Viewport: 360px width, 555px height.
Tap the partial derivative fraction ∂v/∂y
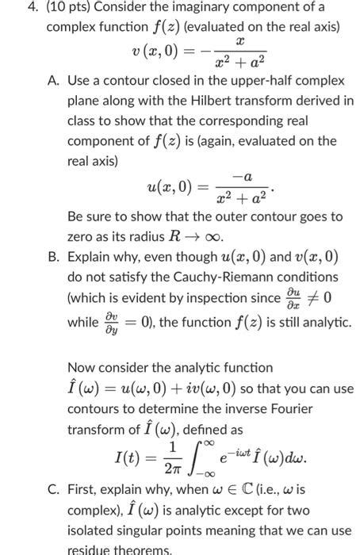coord(106,323)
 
